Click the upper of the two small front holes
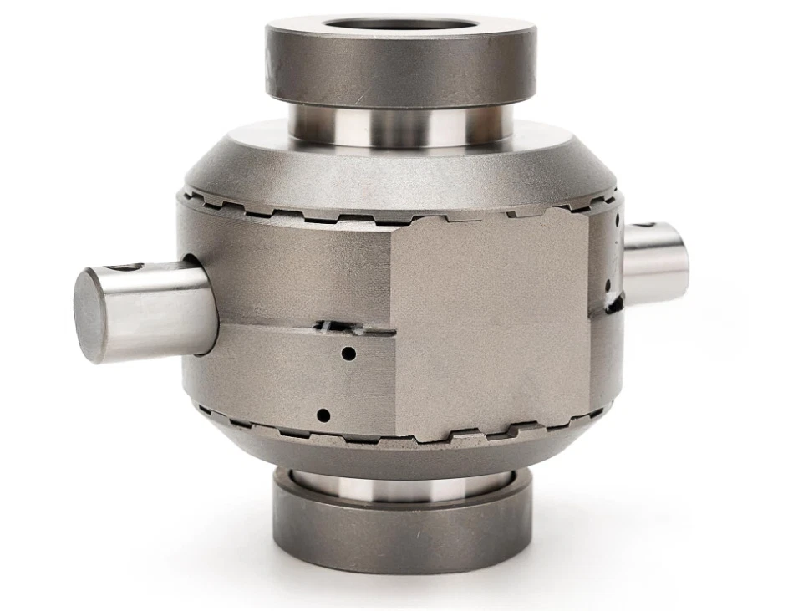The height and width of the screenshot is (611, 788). tap(348, 354)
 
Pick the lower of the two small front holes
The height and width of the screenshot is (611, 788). tap(324, 414)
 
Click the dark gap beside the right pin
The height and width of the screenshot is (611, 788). tap(614, 302)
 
